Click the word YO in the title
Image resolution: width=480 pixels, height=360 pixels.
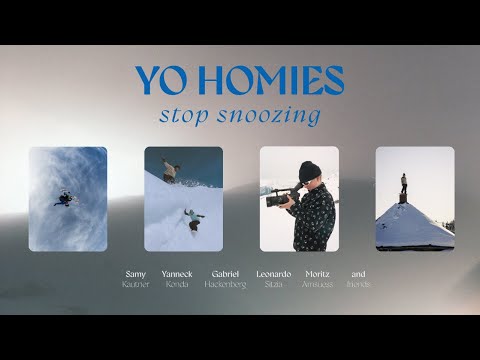[x=160, y=80]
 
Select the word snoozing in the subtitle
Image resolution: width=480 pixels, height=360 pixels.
[x=268, y=116]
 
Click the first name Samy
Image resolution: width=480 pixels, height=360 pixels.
[x=135, y=273]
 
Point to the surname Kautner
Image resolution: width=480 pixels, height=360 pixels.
[x=135, y=284]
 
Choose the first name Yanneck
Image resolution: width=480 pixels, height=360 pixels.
[x=177, y=273]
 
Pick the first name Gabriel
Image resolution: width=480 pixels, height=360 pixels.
[x=225, y=273]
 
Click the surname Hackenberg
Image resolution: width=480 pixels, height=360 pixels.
[x=225, y=284]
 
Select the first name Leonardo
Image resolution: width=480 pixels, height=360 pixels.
[x=273, y=273]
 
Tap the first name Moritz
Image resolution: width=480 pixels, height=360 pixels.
[x=316, y=273]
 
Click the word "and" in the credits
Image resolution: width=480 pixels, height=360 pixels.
[x=358, y=273]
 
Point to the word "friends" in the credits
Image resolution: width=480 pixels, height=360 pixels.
[x=358, y=284]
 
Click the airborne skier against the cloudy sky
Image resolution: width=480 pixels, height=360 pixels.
[x=66, y=197]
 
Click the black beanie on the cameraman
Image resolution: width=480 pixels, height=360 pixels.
[x=309, y=170]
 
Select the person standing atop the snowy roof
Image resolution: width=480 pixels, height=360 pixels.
[x=403, y=185]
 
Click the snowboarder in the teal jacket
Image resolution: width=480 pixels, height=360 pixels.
[x=192, y=218]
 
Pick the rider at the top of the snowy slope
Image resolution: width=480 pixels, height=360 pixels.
[x=171, y=171]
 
